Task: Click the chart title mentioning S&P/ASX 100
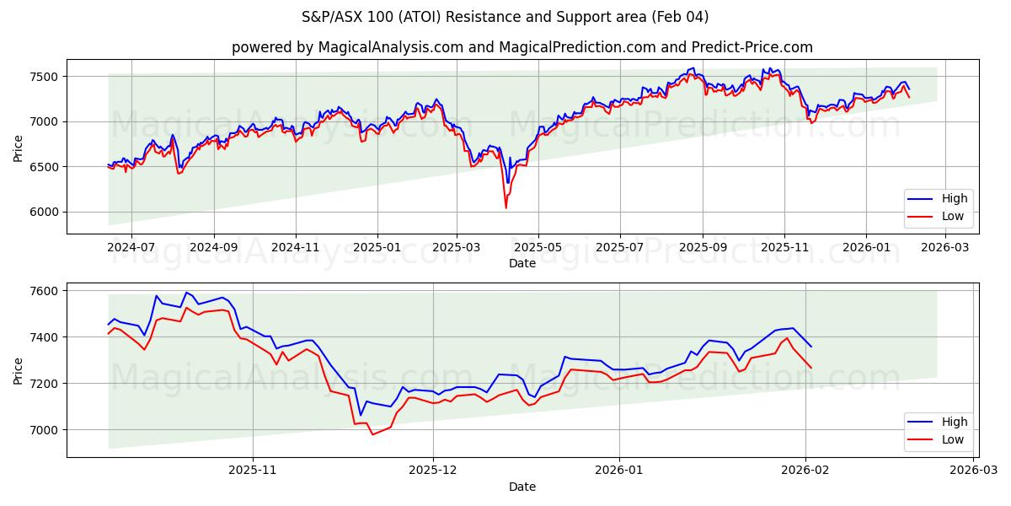coord(505,17)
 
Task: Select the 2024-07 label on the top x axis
coord(131,248)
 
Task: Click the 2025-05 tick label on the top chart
coord(538,248)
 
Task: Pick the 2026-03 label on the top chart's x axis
coord(946,248)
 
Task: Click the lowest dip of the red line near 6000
coord(505,207)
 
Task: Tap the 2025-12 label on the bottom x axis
coord(432,471)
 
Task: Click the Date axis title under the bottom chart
coord(522,487)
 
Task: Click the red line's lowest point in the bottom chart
coord(372,434)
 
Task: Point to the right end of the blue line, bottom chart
coord(811,347)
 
